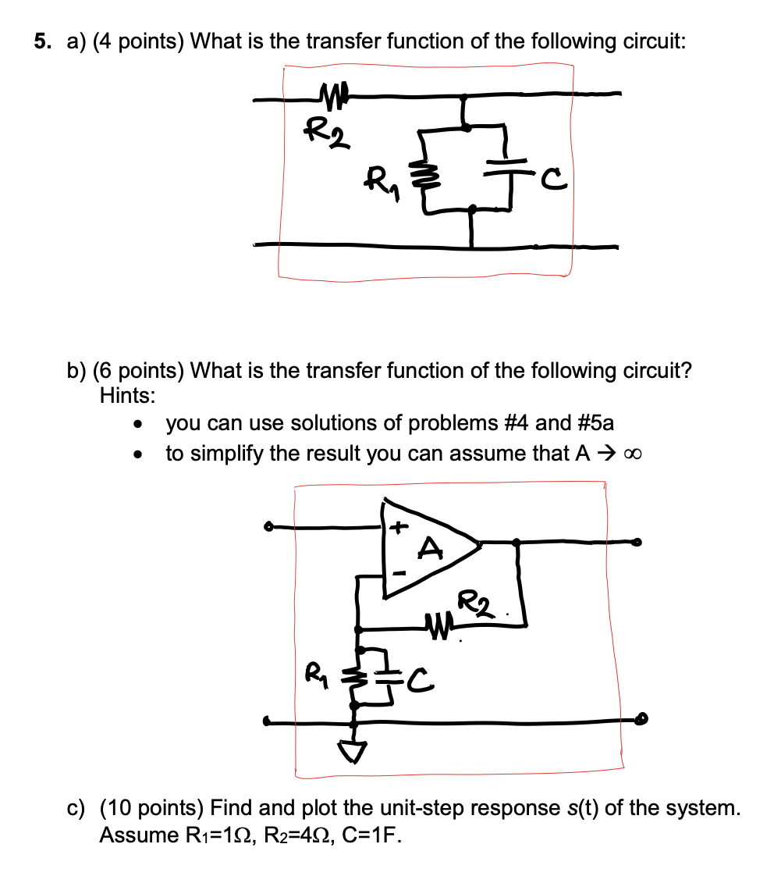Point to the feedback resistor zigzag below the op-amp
coord(437,624)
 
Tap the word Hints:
coord(127,395)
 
